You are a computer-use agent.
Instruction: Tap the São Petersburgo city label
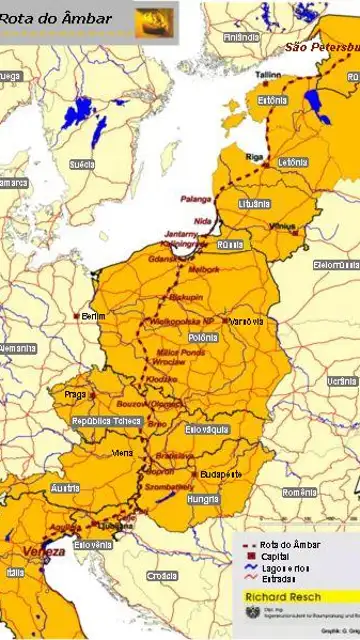pos(321,47)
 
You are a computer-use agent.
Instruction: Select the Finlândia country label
pos(241,37)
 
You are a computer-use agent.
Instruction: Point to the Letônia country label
pos(292,161)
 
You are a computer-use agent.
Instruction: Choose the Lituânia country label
pos(254,203)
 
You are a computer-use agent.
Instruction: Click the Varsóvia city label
pos(246,321)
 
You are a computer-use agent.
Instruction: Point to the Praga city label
pos(77,394)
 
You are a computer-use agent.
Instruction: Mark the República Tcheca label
pos(106,421)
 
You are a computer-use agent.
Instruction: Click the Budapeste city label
pos(220,474)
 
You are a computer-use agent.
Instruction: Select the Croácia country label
pos(161,576)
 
